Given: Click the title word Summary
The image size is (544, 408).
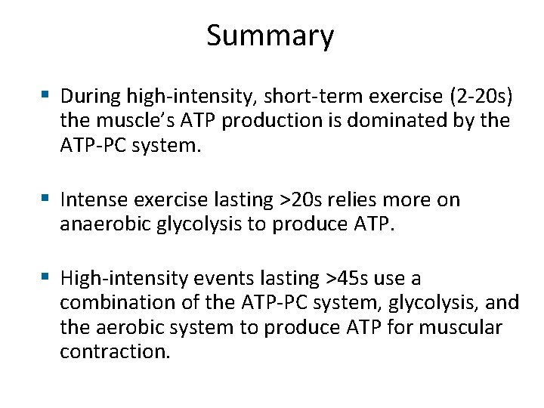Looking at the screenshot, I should (x=270, y=36).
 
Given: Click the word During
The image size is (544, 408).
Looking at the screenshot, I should (x=91, y=96).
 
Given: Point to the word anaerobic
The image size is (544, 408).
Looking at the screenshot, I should (x=99, y=225).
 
